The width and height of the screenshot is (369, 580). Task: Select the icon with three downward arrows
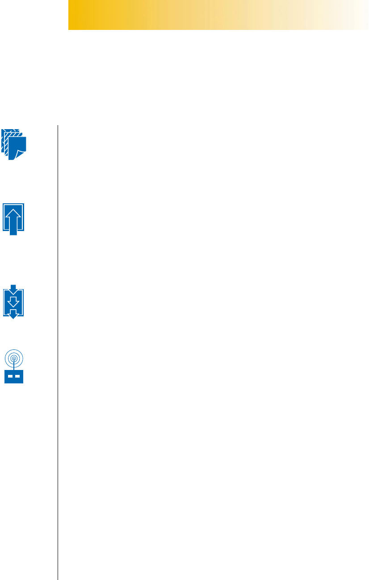coord(13,302)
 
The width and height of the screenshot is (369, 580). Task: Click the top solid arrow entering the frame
coord(13,287)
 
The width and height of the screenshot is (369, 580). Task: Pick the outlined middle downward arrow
coord(13,301)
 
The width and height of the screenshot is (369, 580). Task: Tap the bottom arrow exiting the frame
coord(13,314)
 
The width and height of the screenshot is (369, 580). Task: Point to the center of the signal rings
coord(14,358)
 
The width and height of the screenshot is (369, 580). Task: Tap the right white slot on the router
coord(18,377)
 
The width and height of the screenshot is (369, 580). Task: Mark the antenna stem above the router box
coord(14,366)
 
